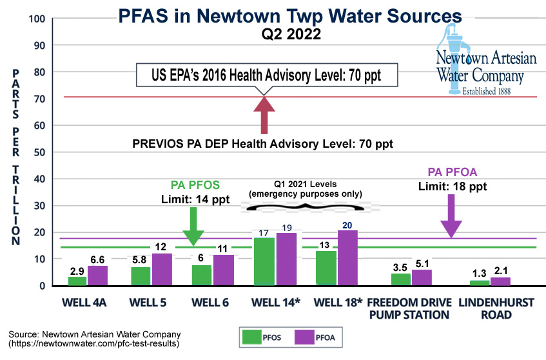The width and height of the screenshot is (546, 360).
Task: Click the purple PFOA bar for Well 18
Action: (x=346, y=258)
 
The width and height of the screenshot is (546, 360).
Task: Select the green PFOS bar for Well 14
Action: (x=264, y=261)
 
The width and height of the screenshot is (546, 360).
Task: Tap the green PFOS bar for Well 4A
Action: (x=77, y=281)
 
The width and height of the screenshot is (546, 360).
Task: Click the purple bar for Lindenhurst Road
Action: (x=500, y=281)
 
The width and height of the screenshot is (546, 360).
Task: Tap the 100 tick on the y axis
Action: (x=41, y=18)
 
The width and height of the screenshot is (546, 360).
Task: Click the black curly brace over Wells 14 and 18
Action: (x=303, y=206)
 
